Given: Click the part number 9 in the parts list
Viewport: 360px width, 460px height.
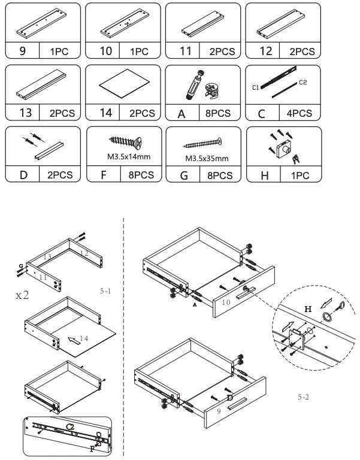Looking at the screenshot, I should click(22, 52).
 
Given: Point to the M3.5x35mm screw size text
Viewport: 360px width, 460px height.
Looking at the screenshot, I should click(204, 160).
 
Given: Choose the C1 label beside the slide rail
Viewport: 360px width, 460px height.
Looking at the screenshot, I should click(256, 87).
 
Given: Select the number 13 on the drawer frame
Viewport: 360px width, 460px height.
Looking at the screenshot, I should click(47, 256).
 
